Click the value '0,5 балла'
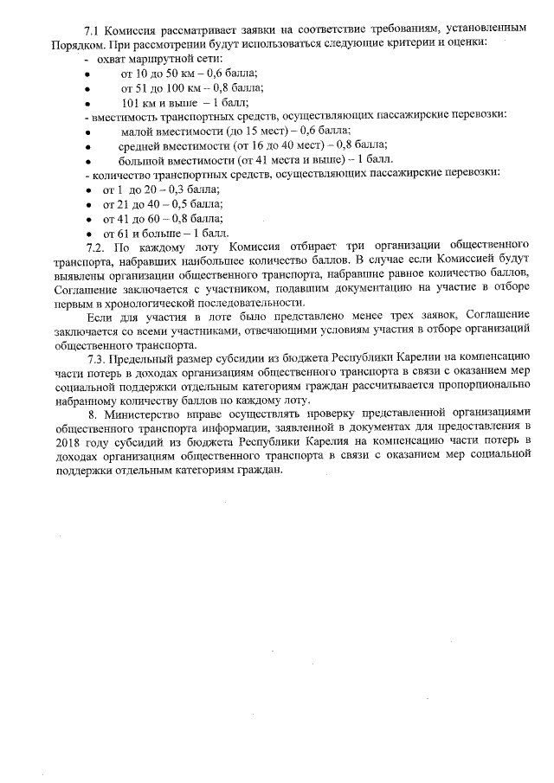(x=199, y=204)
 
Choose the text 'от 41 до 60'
(x=133, y=219)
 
